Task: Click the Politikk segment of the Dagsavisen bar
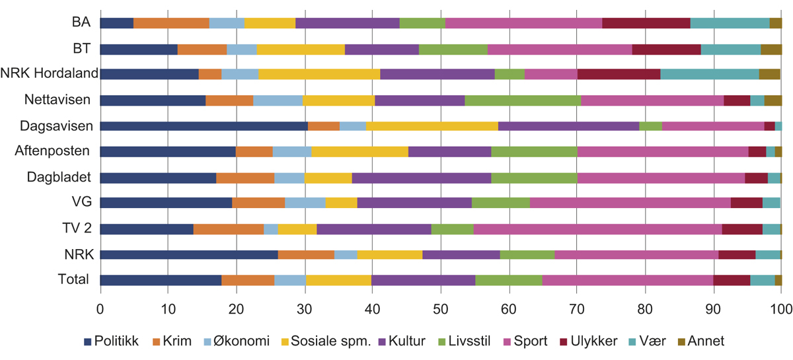204,126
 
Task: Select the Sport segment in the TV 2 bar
597,229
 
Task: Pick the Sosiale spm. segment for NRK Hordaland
319,75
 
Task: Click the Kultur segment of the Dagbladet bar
422,178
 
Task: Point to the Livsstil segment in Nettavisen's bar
523,100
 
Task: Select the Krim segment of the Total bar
248,279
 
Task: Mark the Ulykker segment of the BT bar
666,49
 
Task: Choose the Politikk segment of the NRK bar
189,254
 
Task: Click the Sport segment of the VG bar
630,203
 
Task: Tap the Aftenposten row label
52,151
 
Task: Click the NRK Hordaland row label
50,74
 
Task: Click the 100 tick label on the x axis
781,308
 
